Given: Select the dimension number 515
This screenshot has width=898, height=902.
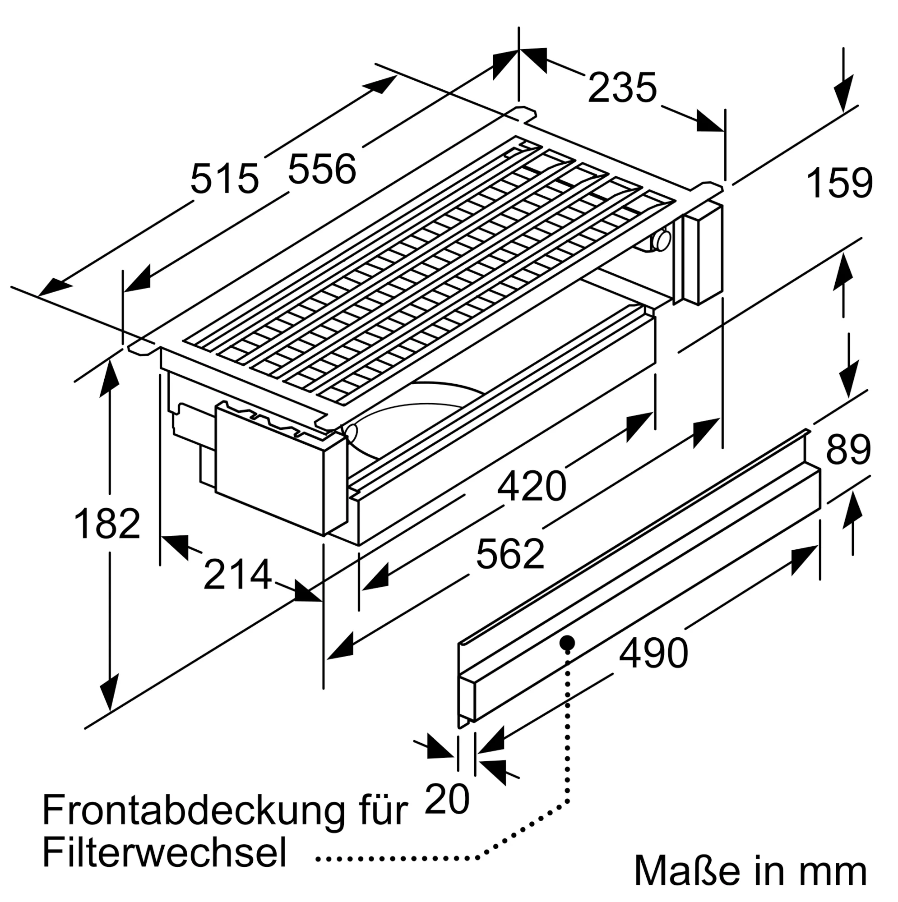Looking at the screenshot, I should coord(224,178).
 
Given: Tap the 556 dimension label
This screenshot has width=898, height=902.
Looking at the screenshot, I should coord(322,169).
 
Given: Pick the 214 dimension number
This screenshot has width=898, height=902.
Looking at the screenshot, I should coord(237,575).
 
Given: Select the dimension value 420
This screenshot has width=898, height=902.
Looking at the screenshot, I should coord(531,487).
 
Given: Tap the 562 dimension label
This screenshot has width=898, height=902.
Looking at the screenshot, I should coord(510,554).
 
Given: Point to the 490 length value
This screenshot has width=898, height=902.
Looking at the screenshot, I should coord(653,652).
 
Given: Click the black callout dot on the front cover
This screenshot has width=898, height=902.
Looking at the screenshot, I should coord(567,642).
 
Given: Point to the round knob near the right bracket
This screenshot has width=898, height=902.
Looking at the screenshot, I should coord(662,240).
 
